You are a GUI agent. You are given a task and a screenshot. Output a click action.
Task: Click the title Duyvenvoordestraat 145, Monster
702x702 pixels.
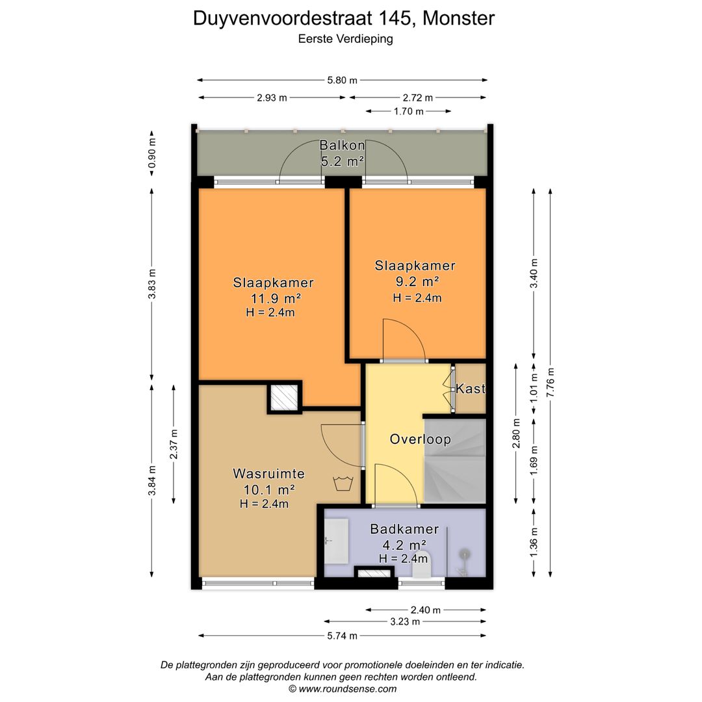coord(343,18)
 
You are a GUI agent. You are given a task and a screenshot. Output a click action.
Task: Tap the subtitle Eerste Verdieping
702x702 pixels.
coord(345,38)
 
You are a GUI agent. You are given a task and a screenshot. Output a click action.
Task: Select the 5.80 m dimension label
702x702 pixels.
coord(342,80)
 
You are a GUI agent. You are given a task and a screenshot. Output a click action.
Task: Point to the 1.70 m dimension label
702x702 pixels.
coord(408,111)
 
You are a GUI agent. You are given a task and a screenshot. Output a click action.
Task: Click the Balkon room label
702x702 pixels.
coord(342,146)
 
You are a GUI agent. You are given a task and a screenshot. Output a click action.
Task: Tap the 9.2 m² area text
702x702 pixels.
coord(416,281)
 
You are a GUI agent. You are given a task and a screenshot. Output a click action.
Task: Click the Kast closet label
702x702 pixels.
coord(471,389)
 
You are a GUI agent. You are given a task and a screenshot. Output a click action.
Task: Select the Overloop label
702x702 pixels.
coord(420,439)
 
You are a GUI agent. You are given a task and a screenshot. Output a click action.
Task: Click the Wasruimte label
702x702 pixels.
coord(268,474)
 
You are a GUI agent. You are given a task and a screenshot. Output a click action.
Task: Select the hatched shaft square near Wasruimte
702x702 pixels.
coord(284,397)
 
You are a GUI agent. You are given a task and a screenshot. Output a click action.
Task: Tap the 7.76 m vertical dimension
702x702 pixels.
coord(551,383)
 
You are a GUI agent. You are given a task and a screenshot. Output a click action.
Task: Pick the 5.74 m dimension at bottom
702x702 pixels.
coord(342,636)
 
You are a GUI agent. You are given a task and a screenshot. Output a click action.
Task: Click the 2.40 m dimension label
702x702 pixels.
coord(425,610)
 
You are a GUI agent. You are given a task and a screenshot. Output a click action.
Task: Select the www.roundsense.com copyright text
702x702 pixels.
coord(342,688)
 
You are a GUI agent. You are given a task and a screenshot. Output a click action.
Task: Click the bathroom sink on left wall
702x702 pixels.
coord(335,541)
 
